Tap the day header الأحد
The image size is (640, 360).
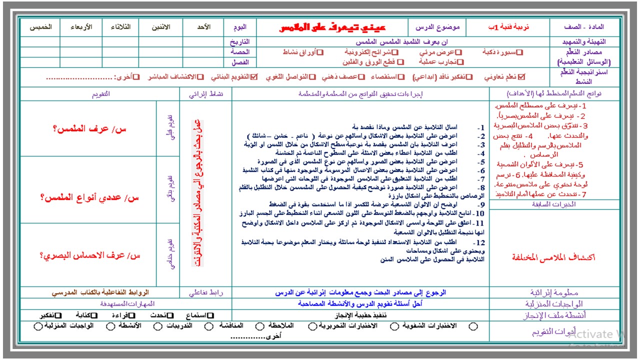pos(201,27)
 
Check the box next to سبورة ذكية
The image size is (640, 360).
pos(519,51)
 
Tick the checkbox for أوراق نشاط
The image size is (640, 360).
pos(320,51)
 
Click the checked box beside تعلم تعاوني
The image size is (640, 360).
pos(522,77)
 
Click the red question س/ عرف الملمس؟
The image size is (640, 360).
pos(89,128)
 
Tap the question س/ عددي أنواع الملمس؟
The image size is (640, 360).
pos(89,197)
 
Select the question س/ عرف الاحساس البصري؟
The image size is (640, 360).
pos(89,255)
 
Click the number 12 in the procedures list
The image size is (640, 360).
pos(479,242)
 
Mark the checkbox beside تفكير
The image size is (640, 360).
pos(58,315)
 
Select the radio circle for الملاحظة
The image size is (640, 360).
pos(259,326)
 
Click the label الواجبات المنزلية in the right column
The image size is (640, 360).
pos(553,304)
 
